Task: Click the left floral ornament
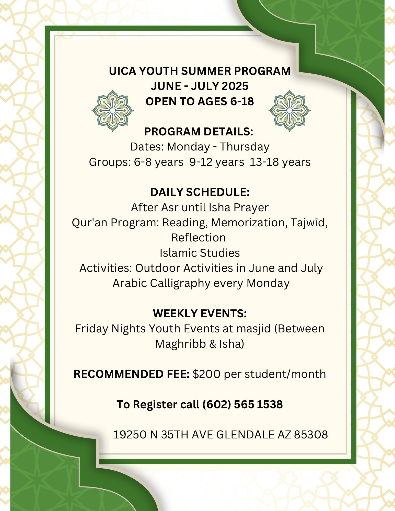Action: [112, 110]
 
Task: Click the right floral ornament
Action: [289, 110]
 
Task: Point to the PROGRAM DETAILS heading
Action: [199, 132]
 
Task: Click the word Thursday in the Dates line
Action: [245, 147]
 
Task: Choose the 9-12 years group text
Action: [217, 162]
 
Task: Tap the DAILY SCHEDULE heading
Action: [200, 192]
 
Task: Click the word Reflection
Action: [199, 238]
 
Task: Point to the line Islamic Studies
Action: [200, 253]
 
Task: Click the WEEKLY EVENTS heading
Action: [200, 313]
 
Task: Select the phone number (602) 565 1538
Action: [242, 404]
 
